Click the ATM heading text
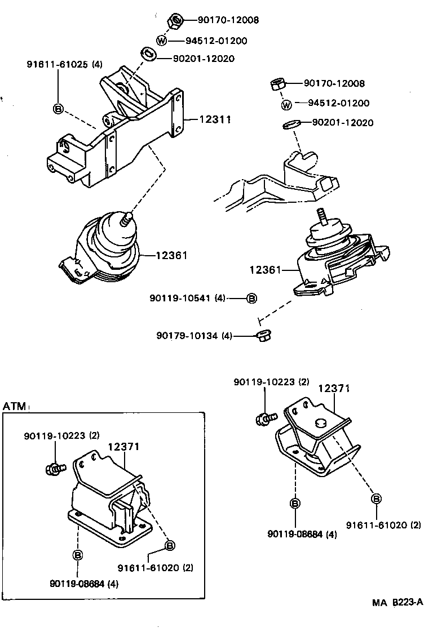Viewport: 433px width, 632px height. coord(14,406)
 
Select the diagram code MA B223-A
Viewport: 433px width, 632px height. coord(396,602)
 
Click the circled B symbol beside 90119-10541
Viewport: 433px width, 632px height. coord(251,298)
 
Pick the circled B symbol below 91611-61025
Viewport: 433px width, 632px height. coord(58,109)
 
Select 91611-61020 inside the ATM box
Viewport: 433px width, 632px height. coord(156,567)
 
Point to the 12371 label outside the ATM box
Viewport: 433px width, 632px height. coord(334,388)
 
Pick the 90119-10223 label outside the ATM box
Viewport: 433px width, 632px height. coord(272,382)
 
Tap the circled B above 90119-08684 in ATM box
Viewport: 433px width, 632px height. coord(78,555)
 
